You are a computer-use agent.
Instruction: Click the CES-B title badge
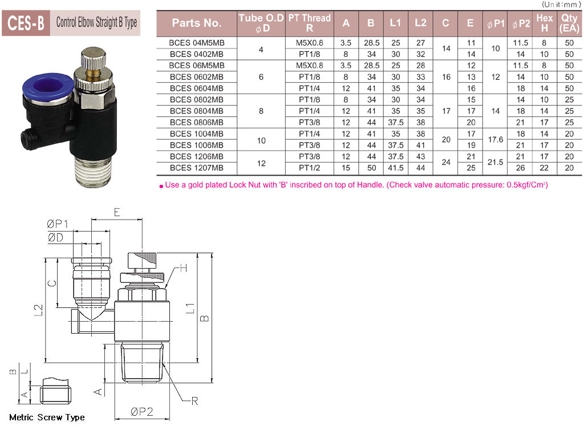tap(26, 23)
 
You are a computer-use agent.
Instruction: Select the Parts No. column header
tap(197, 23)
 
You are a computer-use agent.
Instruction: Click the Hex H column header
tap(545, 23)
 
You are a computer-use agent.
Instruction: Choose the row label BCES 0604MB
tap(197, 88)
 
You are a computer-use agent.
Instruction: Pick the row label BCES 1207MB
tap(197, 168)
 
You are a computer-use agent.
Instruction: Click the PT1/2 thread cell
tap(310, 168)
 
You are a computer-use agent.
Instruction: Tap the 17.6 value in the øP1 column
tap(496, 140)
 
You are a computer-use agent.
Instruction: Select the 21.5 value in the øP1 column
tap(496, 163)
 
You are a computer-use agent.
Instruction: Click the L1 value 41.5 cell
tap(396, 168)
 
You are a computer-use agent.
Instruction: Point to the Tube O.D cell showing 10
tap(261, 141)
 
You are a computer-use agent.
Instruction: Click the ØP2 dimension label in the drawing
tap(142, 412)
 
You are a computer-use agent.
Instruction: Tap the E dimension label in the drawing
tap(117, 212)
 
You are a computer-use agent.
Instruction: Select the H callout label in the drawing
tap(183, 268)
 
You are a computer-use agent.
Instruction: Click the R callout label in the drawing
tap(194, 401)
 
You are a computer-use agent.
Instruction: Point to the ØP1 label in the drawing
tap(58, 224)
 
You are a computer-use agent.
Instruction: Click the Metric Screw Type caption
tap(47, 417)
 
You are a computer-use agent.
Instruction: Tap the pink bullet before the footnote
tap(161, 186)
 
